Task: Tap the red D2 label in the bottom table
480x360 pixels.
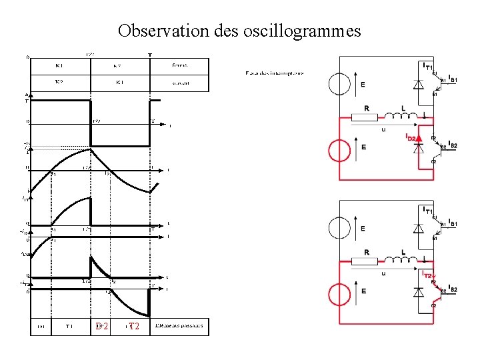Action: click(101, 327)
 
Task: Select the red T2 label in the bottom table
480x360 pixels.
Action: click(133, 327)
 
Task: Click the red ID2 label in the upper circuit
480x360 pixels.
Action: click(411, 137)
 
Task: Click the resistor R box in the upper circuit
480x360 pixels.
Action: click(365, 117)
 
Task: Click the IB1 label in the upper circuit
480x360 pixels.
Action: click(453, 79)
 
